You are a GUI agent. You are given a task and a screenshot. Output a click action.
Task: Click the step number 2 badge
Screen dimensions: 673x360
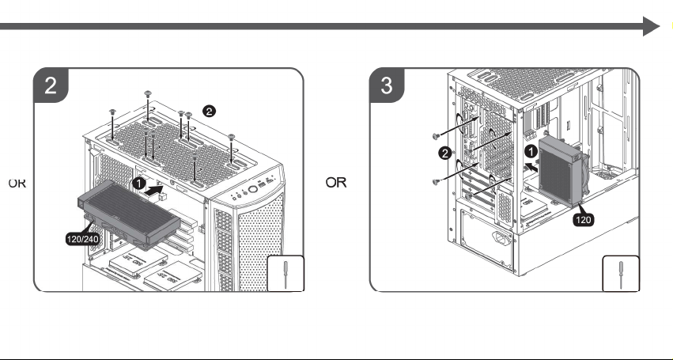[x=51, y=85]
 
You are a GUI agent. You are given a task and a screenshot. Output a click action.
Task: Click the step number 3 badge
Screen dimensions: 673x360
[x=387, y=85]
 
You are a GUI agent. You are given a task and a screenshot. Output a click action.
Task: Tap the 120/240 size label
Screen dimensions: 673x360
[x=83, y=239]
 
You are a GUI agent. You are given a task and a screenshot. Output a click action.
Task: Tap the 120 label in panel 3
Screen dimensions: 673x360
[x=583, y=220]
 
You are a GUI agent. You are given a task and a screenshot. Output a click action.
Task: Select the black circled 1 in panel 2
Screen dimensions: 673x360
[x=139, y=184]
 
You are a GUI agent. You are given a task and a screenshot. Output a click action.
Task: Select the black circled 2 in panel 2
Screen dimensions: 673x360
[x=209, y=112]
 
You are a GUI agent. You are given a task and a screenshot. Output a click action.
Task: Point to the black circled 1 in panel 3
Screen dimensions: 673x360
[x=531, y=151]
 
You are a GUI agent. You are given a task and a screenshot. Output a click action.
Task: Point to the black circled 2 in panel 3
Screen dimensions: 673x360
[x=445, y=153]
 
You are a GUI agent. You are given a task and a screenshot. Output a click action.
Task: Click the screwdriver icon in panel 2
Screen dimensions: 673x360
[x=285, y=275]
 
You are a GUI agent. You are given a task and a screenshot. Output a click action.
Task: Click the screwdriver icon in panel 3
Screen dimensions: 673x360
[x=621, y=275]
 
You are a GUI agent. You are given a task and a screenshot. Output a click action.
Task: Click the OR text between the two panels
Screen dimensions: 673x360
[x=336, y=183]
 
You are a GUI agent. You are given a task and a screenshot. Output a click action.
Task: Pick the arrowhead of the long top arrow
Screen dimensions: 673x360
[x=651, y=26]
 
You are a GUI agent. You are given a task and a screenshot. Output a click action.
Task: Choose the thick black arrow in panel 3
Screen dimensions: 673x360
[x=531, y=167]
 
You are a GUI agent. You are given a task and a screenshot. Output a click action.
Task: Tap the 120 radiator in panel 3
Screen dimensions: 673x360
[x=560, y=172]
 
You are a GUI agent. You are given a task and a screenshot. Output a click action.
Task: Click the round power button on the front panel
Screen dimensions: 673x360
[x=253, y=189]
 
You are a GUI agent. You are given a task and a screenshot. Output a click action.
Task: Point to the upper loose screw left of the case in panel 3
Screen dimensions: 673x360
[x=437, y=137]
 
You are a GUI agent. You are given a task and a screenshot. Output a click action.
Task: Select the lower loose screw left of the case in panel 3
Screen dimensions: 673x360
[x=437, y=182]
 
